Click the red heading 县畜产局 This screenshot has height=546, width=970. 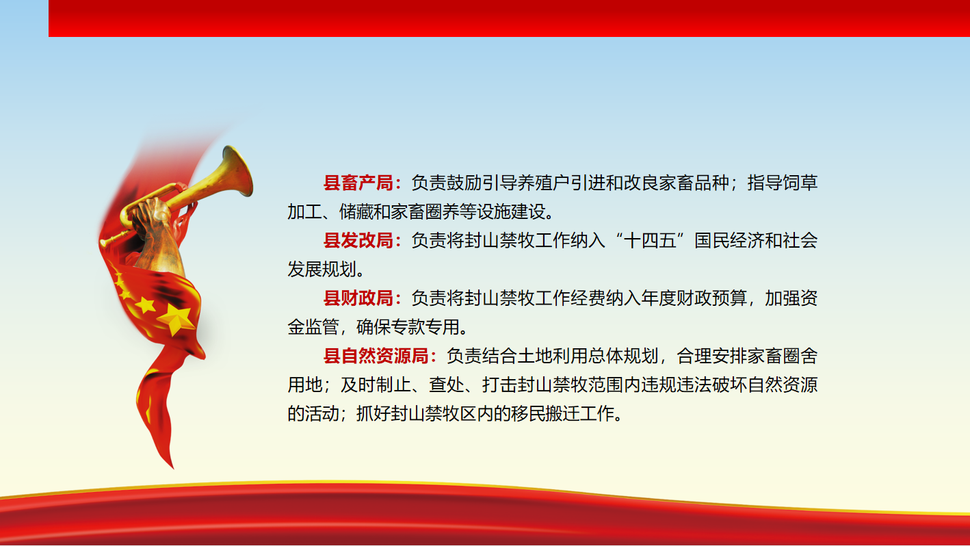[x=358, y=183]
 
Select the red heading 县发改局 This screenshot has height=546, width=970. [x=358, y=240]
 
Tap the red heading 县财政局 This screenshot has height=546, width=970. [x=358, y=298]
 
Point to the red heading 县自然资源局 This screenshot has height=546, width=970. [x=376, y=356]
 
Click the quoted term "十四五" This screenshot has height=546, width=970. [x=650, y=240]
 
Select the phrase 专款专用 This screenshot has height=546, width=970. [x=424, y=327]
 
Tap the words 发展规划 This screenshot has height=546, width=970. [x=322, y=270]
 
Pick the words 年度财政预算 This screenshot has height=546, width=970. [x=694, y=298]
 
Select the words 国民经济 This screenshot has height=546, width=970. [x=729, y=240]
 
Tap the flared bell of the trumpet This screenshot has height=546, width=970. [x=238, y=171]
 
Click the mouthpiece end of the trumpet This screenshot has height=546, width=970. [x=103, y=244]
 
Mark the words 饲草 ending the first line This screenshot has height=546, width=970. [x=800, y=183]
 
